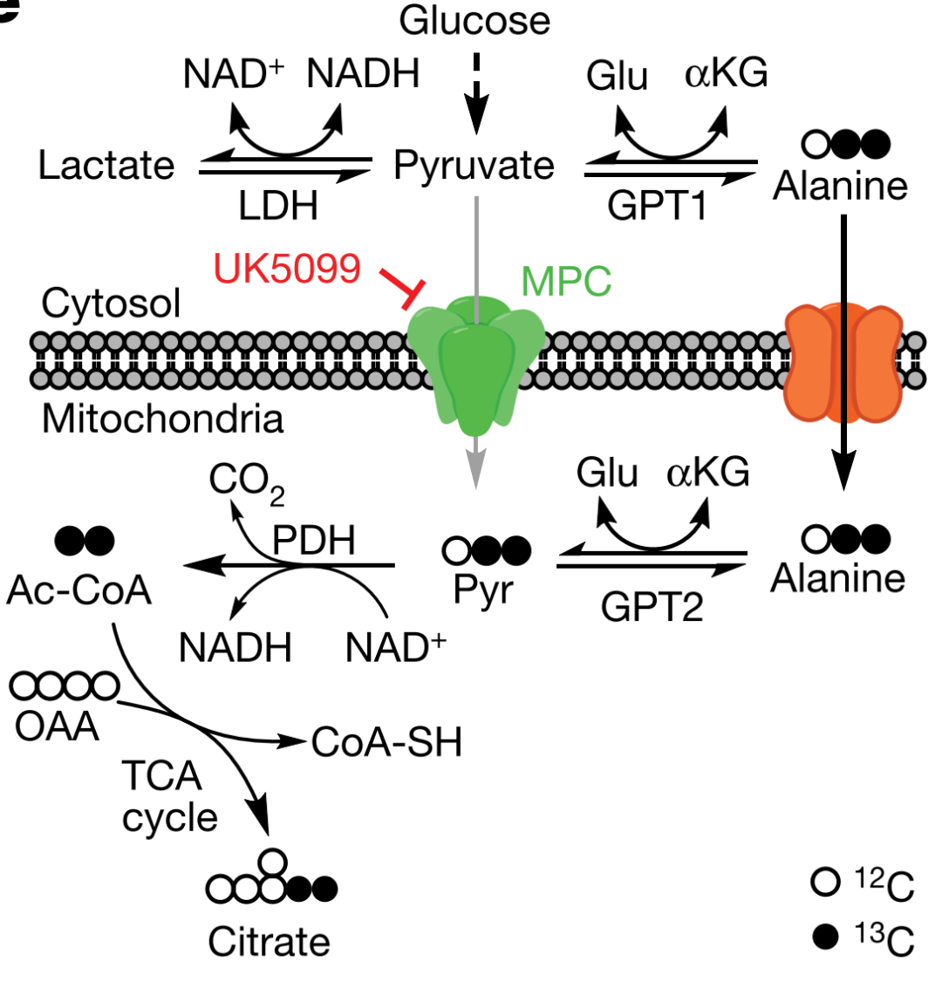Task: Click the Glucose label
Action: [x=474, y=20]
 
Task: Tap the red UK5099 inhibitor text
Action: [x=287, y=269]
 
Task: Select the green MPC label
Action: [x=566, y=281]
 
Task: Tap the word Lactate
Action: [x=106, y=165]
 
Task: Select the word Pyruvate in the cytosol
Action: [x=474, y=165]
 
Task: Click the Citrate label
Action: [x=269, y=942]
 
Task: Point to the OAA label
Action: [x=58, y=726]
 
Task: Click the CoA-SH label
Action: [x=386, y=743]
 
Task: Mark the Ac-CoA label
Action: [x=78, y=590]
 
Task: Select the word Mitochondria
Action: [x=163, y=419]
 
